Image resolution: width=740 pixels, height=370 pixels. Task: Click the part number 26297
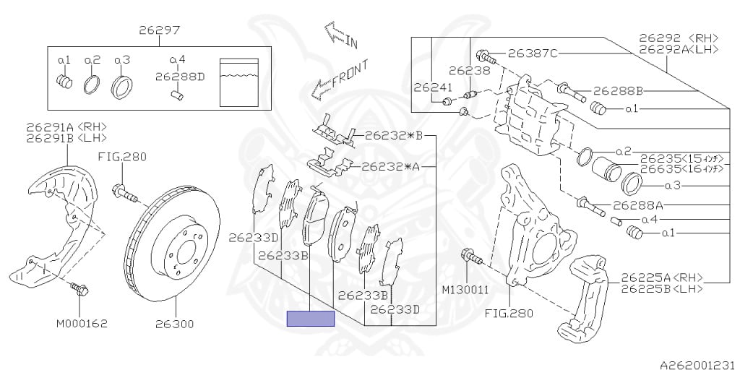tap(159, 30)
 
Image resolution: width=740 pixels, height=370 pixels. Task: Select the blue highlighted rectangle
tap(311, 319)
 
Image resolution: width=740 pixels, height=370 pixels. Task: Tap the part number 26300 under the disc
tap(175, 324)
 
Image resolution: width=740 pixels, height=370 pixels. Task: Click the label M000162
tap(82, 324)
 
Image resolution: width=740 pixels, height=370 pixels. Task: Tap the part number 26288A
tap(638, 205)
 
